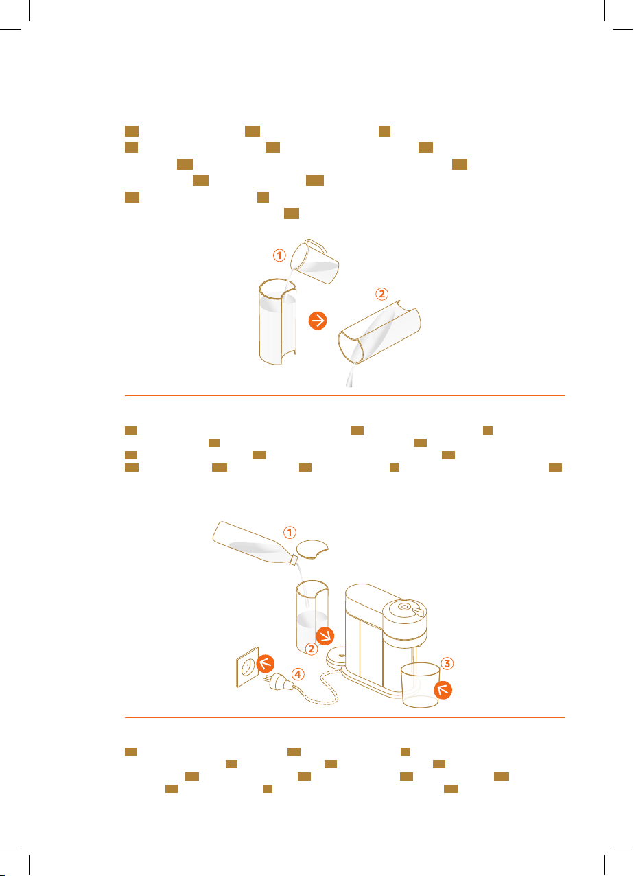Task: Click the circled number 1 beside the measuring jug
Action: coord(279,256)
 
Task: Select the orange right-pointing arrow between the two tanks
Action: coord(318,321)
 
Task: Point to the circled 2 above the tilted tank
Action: coord(382,294)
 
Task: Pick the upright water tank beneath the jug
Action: coord(277,321)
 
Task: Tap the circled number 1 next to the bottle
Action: coord(290,533)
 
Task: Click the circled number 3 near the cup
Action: coord(447,663)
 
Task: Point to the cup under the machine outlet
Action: coord(421,684)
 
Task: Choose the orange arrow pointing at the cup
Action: coord(443,690)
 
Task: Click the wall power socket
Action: coord(248,667)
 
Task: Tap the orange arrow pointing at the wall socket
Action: coord(266,664)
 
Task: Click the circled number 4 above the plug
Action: coord(298,674)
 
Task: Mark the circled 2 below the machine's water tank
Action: coord(311,649)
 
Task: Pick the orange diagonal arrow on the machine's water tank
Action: coord(325,636)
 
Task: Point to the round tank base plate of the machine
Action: coord(336,656)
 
